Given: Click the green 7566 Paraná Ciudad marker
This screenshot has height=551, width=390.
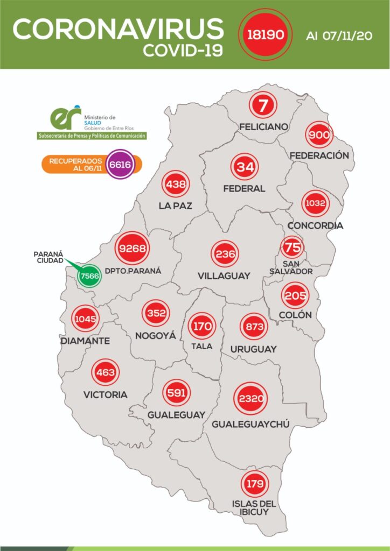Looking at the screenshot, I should pyautogui.click(x=88, y=276).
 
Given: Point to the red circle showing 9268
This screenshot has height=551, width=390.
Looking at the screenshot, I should pyautogui.click(x=133, y=249).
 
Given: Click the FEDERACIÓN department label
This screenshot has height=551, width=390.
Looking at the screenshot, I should pyautogui.click(x=319, y=156).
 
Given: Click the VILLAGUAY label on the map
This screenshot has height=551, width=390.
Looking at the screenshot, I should pyautogui.click(x=224, y=275).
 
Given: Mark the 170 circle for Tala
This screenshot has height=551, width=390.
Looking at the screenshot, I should pyautogui.click(x=202, y=326).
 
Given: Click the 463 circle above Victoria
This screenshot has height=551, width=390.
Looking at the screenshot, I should pyautogui.click(x=105, y=372).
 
